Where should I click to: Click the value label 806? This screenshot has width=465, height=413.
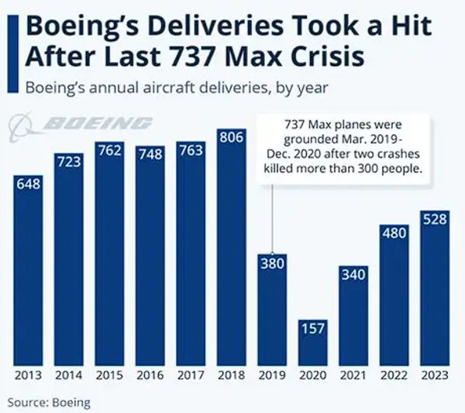(x=231, y=138)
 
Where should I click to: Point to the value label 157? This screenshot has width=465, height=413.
(x=312, y=329)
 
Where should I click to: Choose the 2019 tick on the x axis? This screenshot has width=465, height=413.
(x=271, y=377)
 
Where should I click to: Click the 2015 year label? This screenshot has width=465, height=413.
(x=108, y=377)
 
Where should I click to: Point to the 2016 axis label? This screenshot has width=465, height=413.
(x=150, y=377)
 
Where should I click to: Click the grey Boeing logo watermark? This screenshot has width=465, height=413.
(x=77, y=124)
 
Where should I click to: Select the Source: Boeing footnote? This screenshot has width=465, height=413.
(x=49, y=402)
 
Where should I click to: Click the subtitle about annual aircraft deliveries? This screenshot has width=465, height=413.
(x=175, y=86)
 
